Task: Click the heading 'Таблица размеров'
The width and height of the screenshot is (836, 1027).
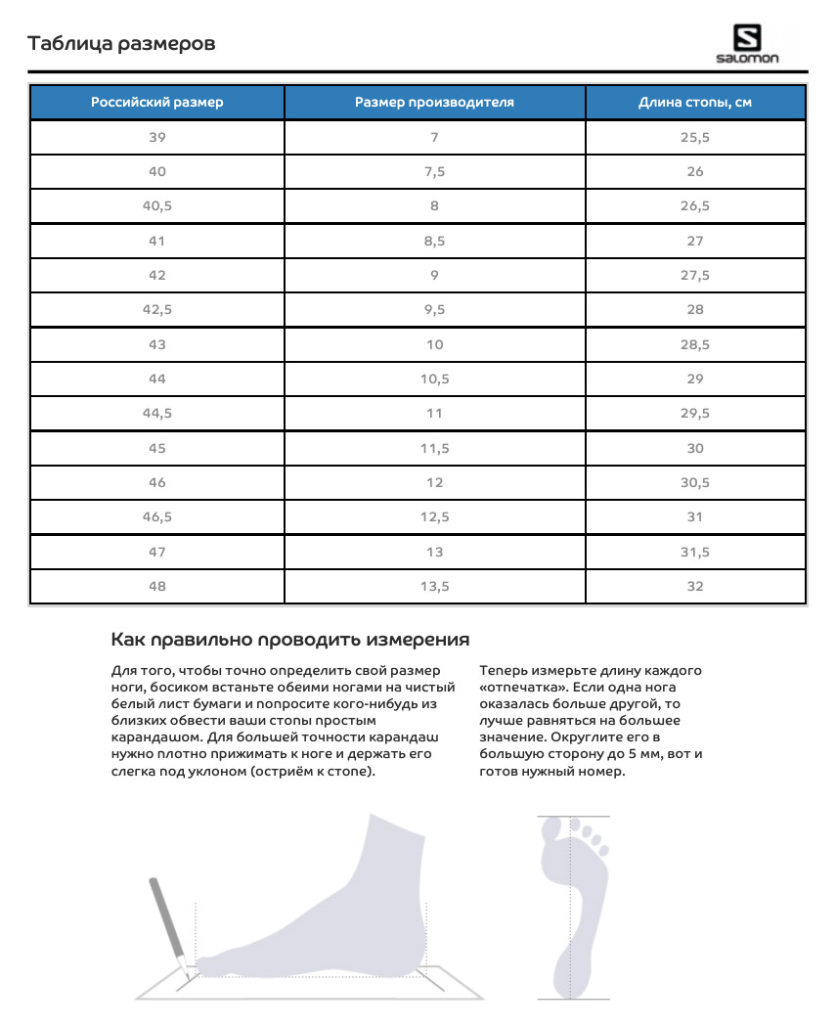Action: pos(121,44)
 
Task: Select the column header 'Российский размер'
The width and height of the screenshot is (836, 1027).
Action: pos(157,103)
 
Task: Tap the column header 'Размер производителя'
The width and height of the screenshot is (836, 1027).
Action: pos(434,103)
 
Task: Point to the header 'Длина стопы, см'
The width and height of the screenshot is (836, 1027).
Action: pos(695,103)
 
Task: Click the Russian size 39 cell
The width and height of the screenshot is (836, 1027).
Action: pos(157,138)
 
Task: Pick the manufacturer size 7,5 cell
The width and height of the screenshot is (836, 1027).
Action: pos(434,172)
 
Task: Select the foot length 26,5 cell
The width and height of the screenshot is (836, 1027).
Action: pos(695,206)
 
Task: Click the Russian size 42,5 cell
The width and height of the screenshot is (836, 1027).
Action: pos(157,310)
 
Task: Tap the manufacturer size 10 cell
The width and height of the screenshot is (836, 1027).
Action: pos(434,344)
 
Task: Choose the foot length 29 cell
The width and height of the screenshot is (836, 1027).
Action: pos(695,380)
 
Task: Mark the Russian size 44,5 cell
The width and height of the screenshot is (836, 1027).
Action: pos(157,414)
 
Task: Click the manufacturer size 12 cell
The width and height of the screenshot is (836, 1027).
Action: pos(434,482)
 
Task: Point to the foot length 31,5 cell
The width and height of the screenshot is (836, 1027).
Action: pos(695,552)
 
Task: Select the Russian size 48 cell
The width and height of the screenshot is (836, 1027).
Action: pos(157,586)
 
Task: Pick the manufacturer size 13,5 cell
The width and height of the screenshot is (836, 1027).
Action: pos(434,586)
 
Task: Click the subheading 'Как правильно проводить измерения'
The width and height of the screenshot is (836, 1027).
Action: pos(290,641)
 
